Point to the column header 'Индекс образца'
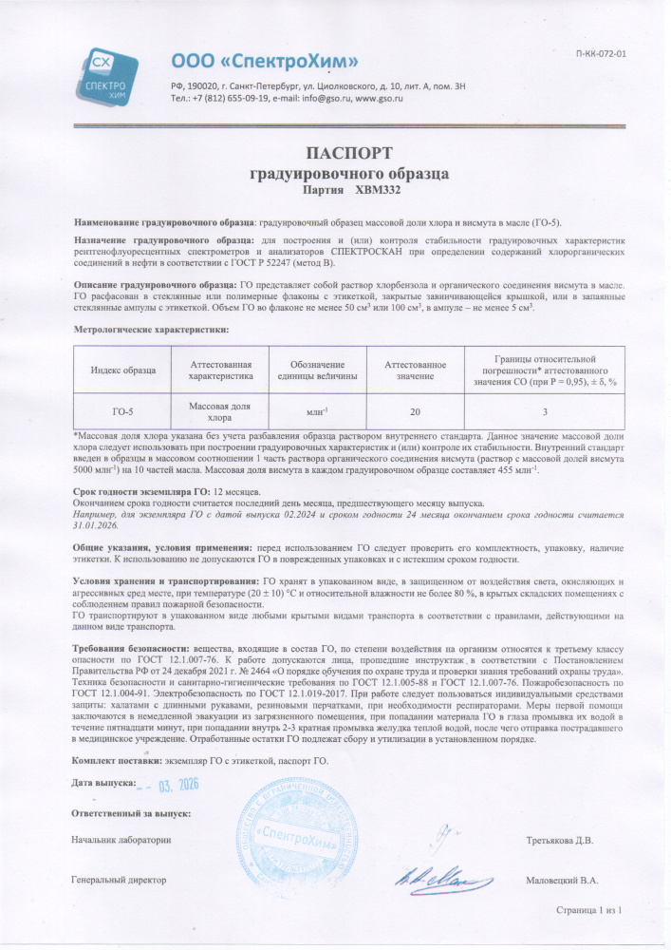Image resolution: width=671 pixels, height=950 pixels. coord(122,370)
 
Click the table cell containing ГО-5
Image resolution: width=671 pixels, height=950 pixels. coord(122,411)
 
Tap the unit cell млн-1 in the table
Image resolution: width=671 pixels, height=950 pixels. coord(317,411)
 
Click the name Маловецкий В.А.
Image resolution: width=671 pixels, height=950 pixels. coord(561,880)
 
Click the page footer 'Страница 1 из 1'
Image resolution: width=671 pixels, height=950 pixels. coord(588,911)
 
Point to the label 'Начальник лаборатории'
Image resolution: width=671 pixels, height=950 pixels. coord(121,840)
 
